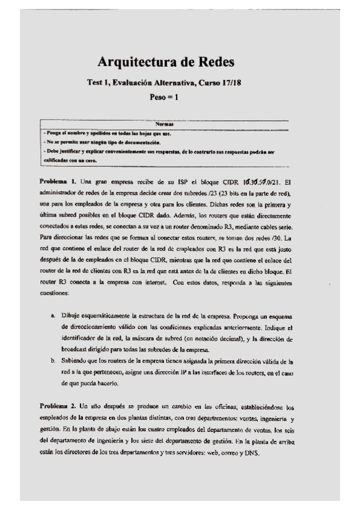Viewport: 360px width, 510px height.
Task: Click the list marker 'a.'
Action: [53, 316]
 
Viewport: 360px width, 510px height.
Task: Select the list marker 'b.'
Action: [53, 361]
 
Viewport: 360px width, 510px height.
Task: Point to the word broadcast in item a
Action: [73, 350]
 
